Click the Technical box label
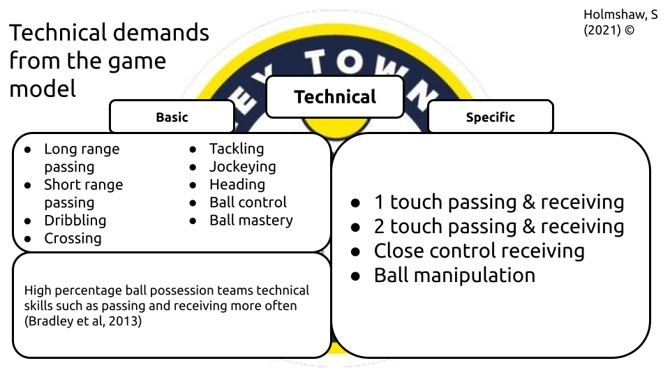coord(335,97)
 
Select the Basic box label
coord(172,117)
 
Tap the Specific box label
coord(490,117)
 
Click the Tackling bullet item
coord(237,149)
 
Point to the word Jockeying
coord(242,167)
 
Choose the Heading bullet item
coord(237,184)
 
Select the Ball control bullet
coord(248,202)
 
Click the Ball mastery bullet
coord(251,221)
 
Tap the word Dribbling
coord(75,221)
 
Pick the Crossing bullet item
coord(73,239)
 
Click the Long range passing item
coord(81,158)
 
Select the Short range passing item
coord(82,193)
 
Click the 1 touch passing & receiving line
coord(498,202)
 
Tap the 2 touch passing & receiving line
coord(498,227)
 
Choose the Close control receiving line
coord(479,251)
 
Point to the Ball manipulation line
coord(454,275)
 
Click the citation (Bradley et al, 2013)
coord(82,323)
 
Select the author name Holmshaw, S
coord(620,15)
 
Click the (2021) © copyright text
coord(609,31)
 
